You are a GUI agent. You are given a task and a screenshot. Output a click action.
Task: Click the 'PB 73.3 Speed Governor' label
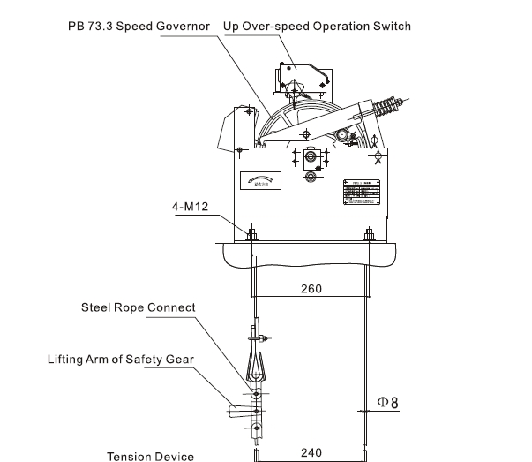(139, 27)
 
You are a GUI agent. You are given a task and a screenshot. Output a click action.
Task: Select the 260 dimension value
(311, 289)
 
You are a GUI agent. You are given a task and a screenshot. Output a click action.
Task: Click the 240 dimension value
(311, 452)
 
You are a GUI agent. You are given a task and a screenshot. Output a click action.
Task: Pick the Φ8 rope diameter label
(388, 403)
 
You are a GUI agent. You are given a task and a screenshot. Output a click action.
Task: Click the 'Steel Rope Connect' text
(138, 307)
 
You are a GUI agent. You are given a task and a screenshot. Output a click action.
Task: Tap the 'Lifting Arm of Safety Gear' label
(121, 360)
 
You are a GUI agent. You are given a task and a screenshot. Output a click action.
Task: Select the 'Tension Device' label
(150, 457)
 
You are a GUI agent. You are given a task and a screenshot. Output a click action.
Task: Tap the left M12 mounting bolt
(253, 234)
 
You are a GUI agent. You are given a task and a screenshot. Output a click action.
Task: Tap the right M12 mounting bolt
(369, 234)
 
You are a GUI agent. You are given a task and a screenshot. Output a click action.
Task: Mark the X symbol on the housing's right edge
(379, 160)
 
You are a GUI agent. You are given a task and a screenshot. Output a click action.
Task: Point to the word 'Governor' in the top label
(183, 27)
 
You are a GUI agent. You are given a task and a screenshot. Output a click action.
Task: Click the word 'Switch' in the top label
(392, 27)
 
